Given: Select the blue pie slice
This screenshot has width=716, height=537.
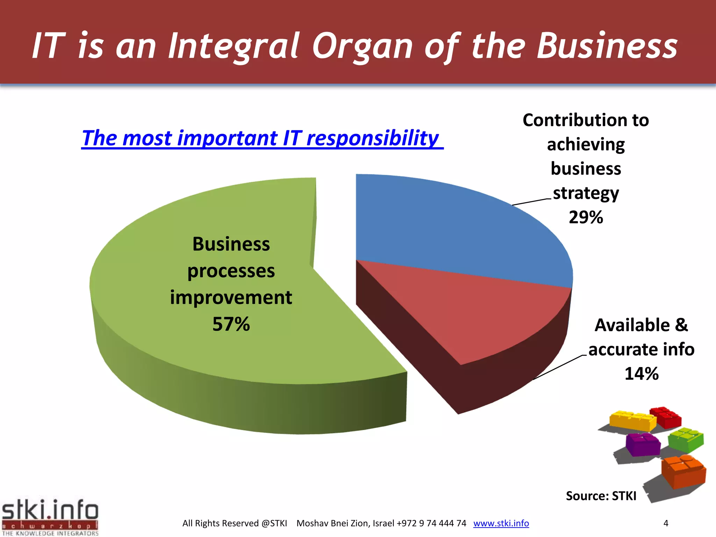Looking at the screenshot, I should coord(454,227).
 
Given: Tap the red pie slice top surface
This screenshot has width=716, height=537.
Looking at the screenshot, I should coord(472,315).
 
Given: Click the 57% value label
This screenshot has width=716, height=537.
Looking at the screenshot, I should coord(231,324).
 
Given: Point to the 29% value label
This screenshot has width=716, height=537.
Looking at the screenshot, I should coord(586,217).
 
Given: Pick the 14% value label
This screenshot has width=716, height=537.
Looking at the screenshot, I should coord(642,373).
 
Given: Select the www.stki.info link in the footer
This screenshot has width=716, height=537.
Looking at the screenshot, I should coord(501,523).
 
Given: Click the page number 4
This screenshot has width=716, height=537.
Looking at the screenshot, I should coord(666,523).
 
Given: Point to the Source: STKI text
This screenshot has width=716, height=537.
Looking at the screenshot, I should coord(601,496).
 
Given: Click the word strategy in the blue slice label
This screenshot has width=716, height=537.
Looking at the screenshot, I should coord(586,193).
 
